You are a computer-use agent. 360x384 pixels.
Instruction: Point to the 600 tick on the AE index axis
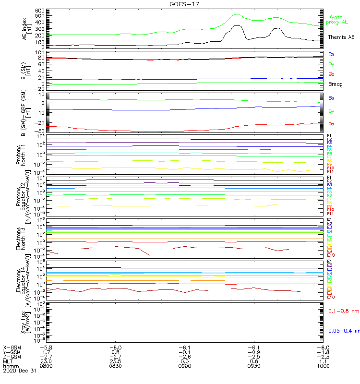pyautogui.click(x=40, y=11)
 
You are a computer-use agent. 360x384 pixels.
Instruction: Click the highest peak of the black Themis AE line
pyautogui.click(x=237, y=26)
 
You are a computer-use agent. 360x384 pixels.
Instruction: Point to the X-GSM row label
pyautogui.click(x=12, y=347)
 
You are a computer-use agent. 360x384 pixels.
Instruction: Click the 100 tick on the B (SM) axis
pyautogui.click(x=40, y=52)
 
